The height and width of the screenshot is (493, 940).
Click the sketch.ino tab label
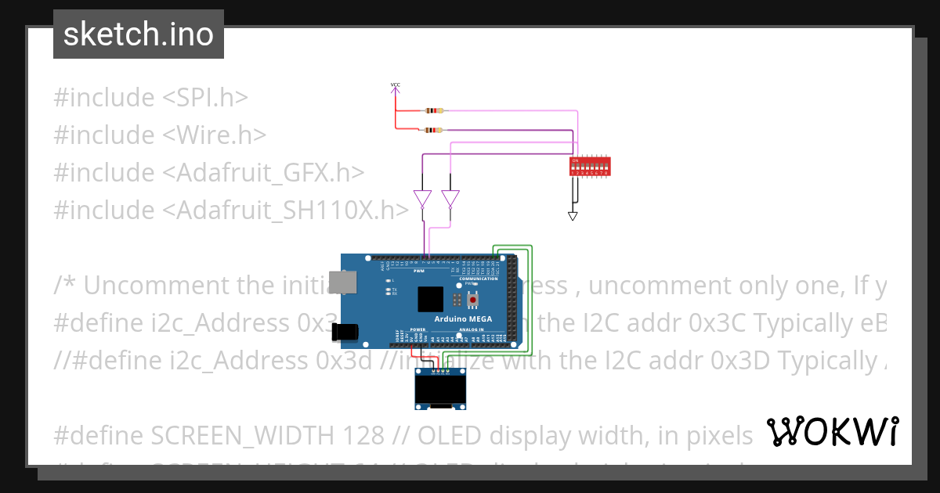coord(138,34)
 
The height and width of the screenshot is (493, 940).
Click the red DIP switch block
coord(590,166)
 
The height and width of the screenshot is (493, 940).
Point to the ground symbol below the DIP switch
coord(573,215)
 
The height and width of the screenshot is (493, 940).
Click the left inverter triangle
coord(422,199)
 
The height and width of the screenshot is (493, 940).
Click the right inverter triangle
coord(450,199)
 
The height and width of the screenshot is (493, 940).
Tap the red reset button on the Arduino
coord(472,299)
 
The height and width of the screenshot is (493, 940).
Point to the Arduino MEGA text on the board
coord(457,320)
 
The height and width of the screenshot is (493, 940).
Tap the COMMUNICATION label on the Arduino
coord(479,279)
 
